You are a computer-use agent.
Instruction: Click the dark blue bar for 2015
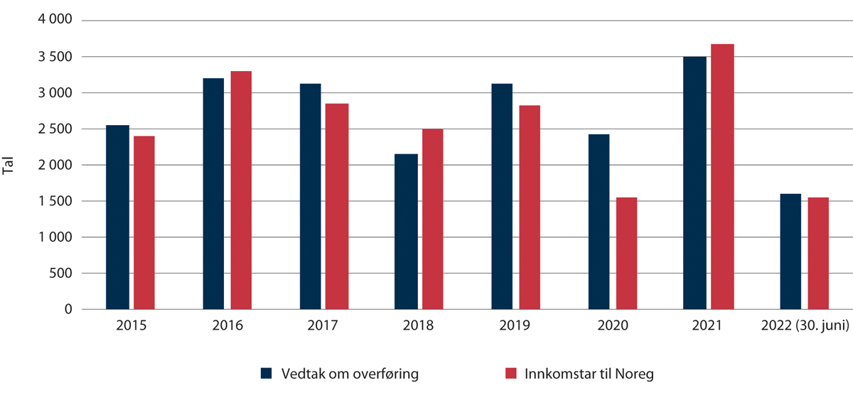coord(117,217)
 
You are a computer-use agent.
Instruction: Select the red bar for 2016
coord(242,190)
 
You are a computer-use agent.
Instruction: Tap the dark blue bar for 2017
coord(311,197)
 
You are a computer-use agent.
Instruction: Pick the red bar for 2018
coord(434,220)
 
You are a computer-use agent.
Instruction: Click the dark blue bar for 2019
coord(502,197)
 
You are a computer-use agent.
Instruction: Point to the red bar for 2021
coord(723,177)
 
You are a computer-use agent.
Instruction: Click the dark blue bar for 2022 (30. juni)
coord(790,252)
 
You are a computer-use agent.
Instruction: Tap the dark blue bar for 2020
coord(599,222)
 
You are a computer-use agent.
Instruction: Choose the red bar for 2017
coord(338,207)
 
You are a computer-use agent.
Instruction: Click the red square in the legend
coord(510,374)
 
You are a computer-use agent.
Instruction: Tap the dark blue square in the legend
coord(267,374)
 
